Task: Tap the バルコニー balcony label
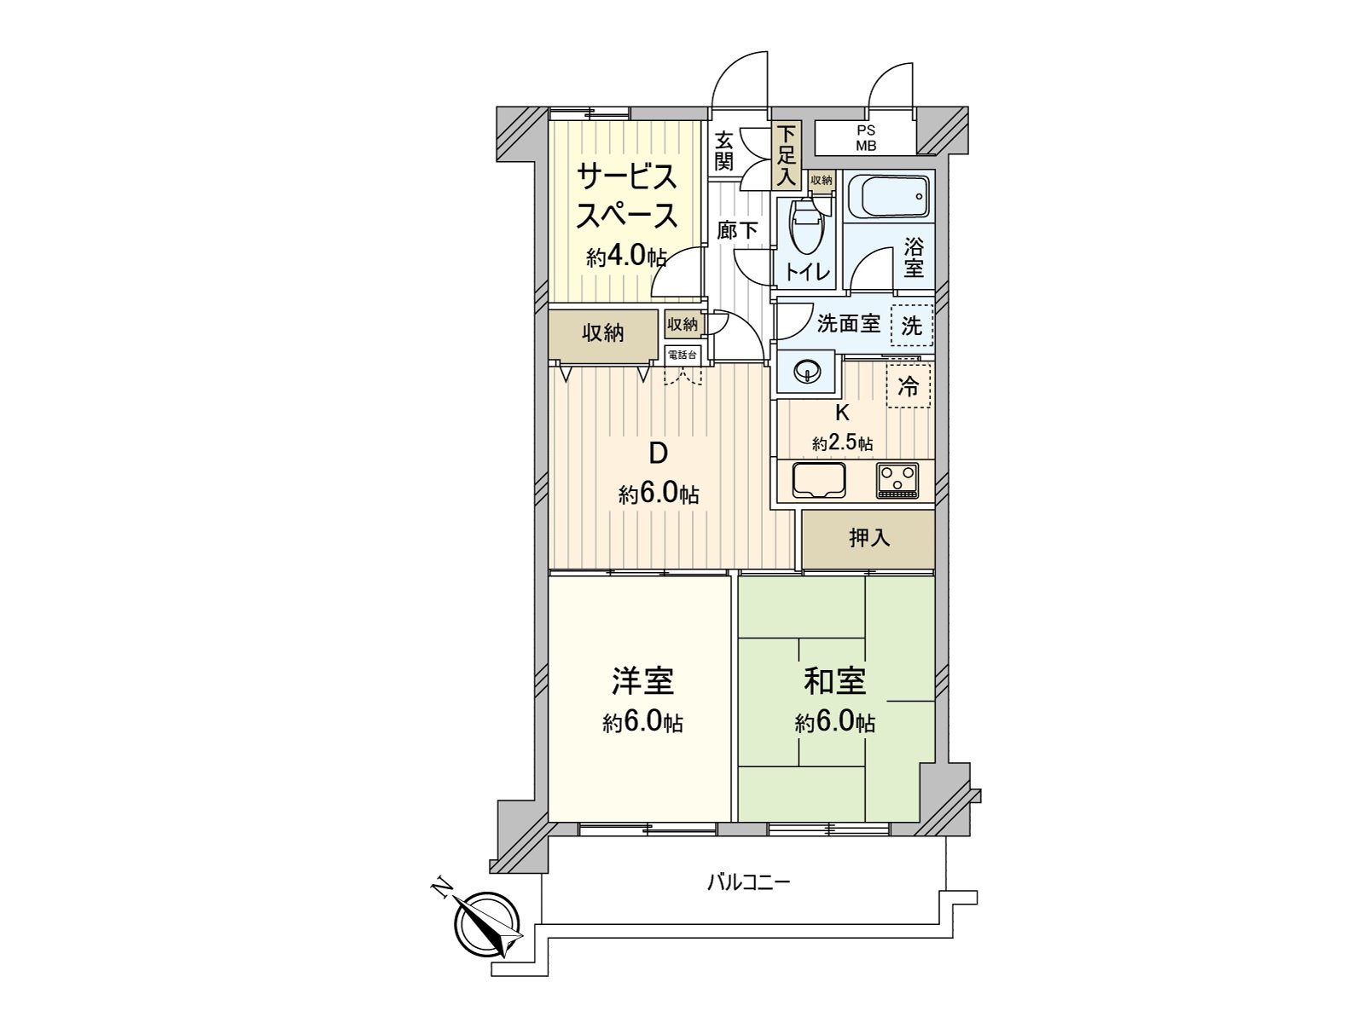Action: [x=748, y=881]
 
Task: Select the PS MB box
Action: [x=866, y=138]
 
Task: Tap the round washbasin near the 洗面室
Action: [x=806, y=373]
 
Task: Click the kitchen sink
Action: [x=818, y=481]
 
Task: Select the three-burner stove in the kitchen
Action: [x=897, y=480]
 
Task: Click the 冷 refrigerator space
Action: [x=909, y=386]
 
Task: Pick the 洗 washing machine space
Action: [x=912, y=325]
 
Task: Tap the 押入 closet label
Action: [x=869, y=538]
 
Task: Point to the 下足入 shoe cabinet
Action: [x=786, y=156]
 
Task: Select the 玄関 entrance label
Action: [x=724, y=150]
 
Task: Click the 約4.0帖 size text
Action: [x=625, y=257]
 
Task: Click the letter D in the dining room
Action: [x=658, y=454]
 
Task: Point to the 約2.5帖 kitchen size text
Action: [x=842, y=443]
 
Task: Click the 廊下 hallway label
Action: [x=737, y=230]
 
